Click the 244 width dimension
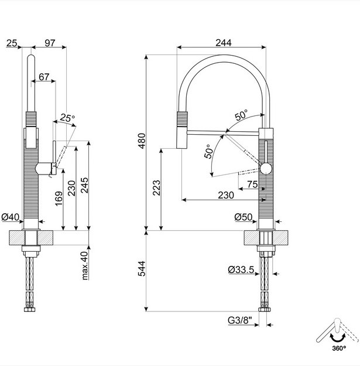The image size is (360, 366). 223,43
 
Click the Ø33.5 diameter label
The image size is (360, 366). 241,270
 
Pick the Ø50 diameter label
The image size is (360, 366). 243,217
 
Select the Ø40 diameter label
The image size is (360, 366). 11,217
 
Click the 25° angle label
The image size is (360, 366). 67,118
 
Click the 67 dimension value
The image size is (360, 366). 44,77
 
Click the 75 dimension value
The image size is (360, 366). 252,184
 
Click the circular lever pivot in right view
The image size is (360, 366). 266,170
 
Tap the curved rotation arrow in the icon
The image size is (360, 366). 337,336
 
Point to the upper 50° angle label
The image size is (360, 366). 241,115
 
